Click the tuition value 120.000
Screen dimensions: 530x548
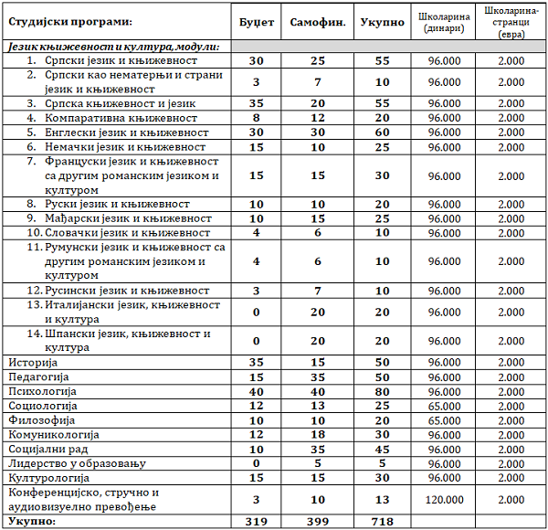[442, 499]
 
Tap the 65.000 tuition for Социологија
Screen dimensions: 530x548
[442, 405]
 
